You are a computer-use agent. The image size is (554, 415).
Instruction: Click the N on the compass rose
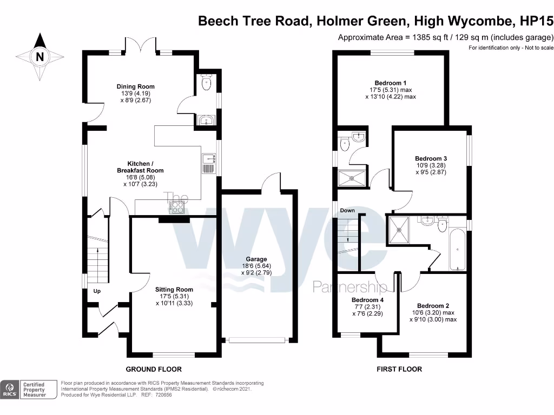pos(39,56)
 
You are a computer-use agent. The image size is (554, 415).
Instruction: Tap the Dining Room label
pos(136,86)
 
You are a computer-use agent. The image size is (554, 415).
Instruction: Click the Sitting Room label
pos(174,290)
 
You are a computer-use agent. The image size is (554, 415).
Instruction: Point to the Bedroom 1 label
pos(390,83)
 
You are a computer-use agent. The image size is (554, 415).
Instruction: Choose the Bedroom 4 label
pos(367,300)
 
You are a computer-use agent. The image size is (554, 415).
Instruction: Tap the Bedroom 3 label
pos(431,158)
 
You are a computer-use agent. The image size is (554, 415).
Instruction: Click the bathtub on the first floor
pos(457,249)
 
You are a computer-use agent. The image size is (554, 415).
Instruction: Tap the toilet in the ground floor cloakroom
pos(206,83)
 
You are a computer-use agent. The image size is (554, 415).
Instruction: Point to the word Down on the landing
pos(347,210)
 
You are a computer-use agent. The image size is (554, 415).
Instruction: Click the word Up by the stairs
pos(97,291)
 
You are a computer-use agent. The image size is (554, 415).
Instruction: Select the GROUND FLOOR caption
pos(154,369)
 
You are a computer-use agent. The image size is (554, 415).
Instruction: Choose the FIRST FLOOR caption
pos(399,369)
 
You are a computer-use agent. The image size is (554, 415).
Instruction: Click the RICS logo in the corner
pos(9,390)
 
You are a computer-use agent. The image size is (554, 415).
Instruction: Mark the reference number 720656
pos(163,395)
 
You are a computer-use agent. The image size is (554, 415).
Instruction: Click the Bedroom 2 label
pos(433,305)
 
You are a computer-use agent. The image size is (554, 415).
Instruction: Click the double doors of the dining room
pos(141,45)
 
